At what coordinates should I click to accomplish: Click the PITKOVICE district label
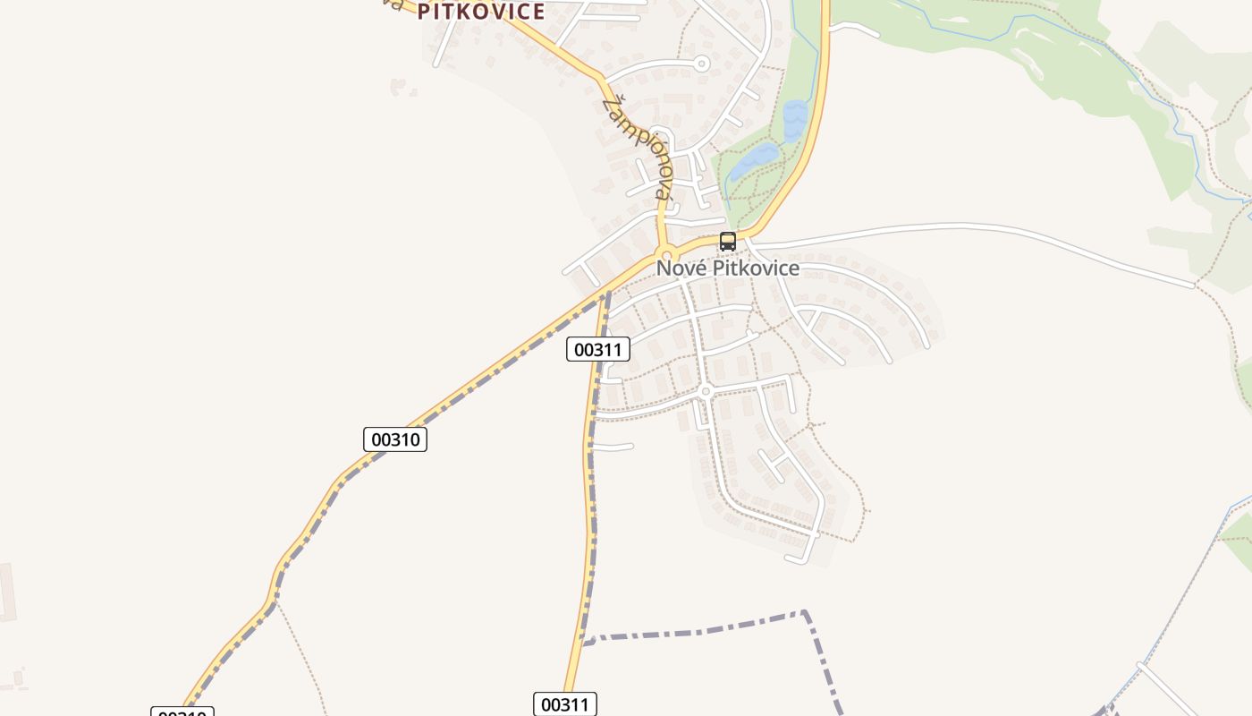point(480,12)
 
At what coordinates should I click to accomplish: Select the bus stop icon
point(728,241)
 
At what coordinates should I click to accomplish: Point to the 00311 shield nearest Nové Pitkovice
point(597,349)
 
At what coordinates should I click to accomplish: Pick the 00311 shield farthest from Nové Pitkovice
point(564,704)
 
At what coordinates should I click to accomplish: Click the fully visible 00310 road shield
point(395,439)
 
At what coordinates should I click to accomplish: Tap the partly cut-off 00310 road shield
point(182,712)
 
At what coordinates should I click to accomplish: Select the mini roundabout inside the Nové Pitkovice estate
point(706,391)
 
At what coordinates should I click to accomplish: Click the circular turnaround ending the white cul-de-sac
point(702,64)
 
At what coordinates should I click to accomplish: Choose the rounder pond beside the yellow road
point(793,120)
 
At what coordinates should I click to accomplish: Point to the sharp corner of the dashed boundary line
point(805,613)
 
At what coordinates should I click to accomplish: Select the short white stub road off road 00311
point(614,446)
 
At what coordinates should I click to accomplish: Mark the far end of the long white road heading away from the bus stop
point(1194,286)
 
